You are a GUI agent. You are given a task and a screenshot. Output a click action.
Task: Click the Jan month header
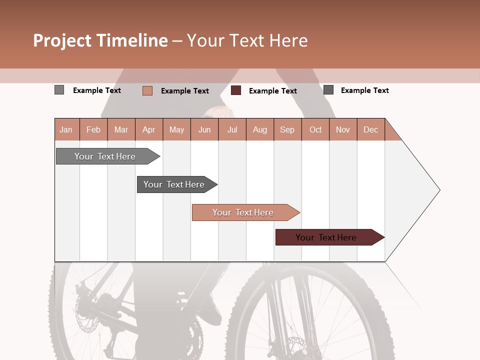pyautogui.click(x=66, y=129)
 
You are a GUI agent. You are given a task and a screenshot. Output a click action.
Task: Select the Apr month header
pyautogui.click(x=149, y=129)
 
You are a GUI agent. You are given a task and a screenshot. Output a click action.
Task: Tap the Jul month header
pyautogui.click(x=232, y=129)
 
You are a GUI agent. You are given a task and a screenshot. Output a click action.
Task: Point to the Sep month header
pyautogui.click(x=287, y=129)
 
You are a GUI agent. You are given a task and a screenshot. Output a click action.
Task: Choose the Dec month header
pyautogui.click(x=370, y=129)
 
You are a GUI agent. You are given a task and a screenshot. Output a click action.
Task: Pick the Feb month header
pyautogui.click(x=93, y=129)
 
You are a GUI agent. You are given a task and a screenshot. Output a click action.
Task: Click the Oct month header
pyautogui.click(x=315, y=129)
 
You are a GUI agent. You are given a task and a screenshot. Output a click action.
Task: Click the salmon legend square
pyautogui.click(x=147, y=90)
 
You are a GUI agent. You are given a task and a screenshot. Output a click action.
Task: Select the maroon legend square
pyautogui.click(x=236, y=90)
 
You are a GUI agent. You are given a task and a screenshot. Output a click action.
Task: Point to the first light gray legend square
pyautogui.click(x=59, y=90)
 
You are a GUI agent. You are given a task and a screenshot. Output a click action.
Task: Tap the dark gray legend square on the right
pyautogui.click(x=328, y=90)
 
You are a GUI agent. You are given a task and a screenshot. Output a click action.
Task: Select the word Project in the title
pyautogui.click(x=63, y=40)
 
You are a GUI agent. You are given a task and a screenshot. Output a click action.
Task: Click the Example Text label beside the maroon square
pyautogui.click(x=272, y=91)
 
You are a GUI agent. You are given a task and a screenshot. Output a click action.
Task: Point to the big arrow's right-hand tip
pyautogui.click(x=439, y=190)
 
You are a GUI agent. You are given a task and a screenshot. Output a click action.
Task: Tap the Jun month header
pyautogui.click(x=204, y=129)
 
